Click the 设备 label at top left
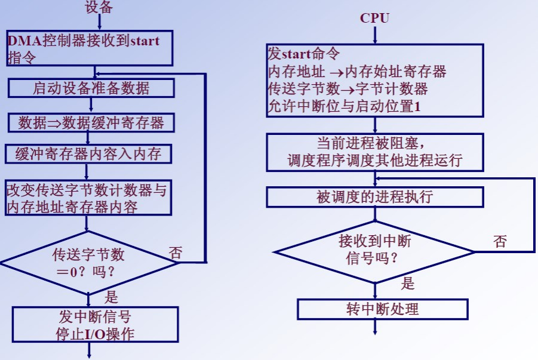99,8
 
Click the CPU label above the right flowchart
374,18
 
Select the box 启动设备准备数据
91,88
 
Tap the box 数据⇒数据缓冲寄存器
91,123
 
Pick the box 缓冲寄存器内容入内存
88,154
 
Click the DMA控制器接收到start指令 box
90,49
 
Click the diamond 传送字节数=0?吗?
88,263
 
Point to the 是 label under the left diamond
111,297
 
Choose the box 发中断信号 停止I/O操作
96,324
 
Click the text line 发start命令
304,55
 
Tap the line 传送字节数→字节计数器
348,90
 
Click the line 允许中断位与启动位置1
345,107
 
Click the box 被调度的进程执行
374,197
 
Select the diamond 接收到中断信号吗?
374,250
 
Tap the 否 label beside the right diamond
500,241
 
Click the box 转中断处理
382,309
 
